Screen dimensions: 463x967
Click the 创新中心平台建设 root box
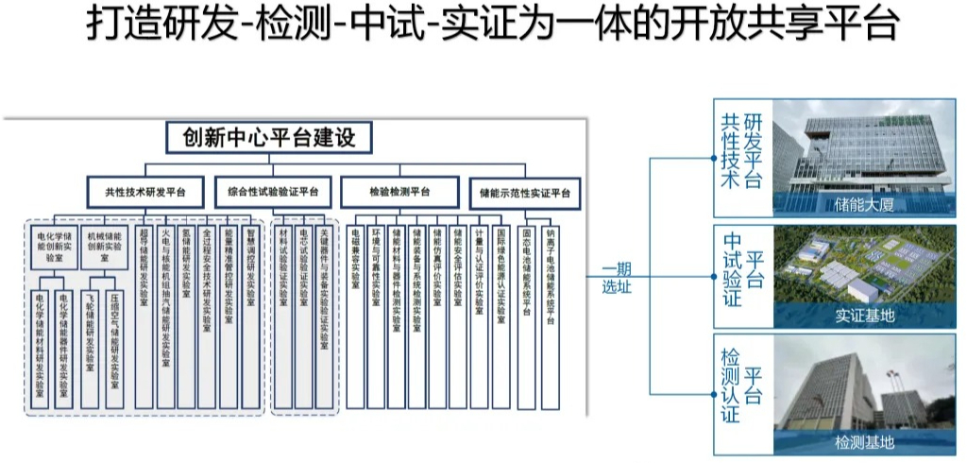point(269,138)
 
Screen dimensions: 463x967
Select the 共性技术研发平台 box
point(145,193)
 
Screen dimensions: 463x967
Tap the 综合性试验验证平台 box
point(273,193)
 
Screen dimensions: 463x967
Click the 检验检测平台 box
point(399,193)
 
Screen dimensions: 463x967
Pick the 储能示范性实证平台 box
point(524,193)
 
